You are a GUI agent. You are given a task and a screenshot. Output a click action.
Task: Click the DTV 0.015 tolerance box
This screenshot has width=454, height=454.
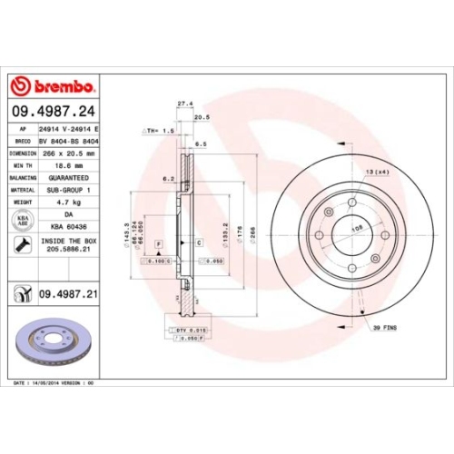pos(186,329)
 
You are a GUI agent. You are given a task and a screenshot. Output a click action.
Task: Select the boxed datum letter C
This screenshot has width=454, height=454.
pos(197,244)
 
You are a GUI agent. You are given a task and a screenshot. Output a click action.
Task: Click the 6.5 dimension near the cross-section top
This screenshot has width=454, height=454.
pos(201,143)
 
